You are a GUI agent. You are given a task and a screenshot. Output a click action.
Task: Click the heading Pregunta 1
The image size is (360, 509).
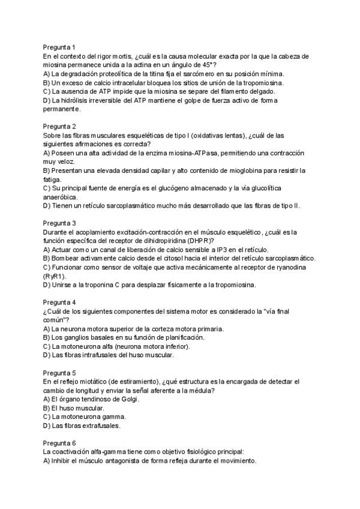pyautogui.click(x=59, y=47)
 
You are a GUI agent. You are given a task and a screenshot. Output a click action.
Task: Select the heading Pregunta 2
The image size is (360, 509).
pyautogui.click(x=59, y=126)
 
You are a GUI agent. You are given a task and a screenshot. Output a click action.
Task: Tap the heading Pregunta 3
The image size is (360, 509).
pyautogui.click(x=59, y=223)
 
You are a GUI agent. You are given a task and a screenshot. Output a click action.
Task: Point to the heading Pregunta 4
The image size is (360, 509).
pyautogui.click(x=59, y=302)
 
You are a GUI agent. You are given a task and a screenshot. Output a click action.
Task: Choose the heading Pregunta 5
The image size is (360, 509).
pyautogui.click(x=59, y=372)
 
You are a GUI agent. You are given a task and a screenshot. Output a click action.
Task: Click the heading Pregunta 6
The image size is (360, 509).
pyautogui.click(x=59, y=443)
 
